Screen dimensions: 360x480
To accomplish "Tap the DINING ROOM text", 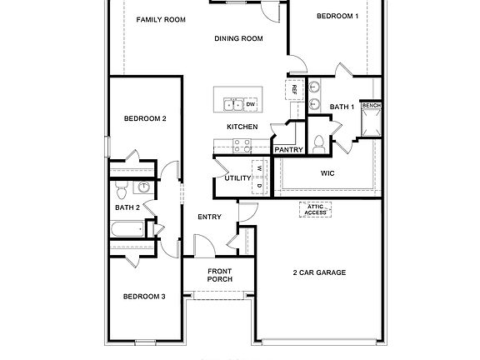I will pyautogui.click(x=238, y=37).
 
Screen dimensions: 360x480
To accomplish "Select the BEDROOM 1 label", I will pyautogui.click(x=337, y=16).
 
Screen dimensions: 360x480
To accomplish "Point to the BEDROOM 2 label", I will pyautogui.click(x=146, y=118).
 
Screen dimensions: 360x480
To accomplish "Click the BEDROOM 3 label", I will pyautogui.click(x=145, y=297).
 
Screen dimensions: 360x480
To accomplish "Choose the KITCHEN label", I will pyautogui.click(x=242, y=127).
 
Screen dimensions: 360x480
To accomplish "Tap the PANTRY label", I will pyautogui.click(x=287, y=150).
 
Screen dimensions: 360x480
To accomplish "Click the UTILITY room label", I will pyautogui.click(x=238, y=178).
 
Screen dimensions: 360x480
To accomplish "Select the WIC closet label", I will pyautogui.click(x=328, y=173).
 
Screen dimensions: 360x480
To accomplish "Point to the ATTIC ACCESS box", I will pyautogui.click(x=315, y=210).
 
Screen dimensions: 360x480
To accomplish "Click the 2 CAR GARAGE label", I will pyautogui.click(x=319, y=272).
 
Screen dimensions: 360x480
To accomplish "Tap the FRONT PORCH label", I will pyautogui.click(x=219, y=275).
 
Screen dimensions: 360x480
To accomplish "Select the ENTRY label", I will pyautogui.click(x=208, y=217).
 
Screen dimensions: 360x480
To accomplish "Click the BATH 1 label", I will pyautogui.click(x=342, y=107).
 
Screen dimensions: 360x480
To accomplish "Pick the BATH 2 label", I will pyautogui.click(x=127, y=207).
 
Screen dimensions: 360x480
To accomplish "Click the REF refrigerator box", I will pyautogui.click(x=294, y=88).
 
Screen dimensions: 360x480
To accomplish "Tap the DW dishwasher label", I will pyautogui.click(x=250, y=104).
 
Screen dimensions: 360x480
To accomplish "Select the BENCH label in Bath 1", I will pyautogui.click(x=372, y=106).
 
